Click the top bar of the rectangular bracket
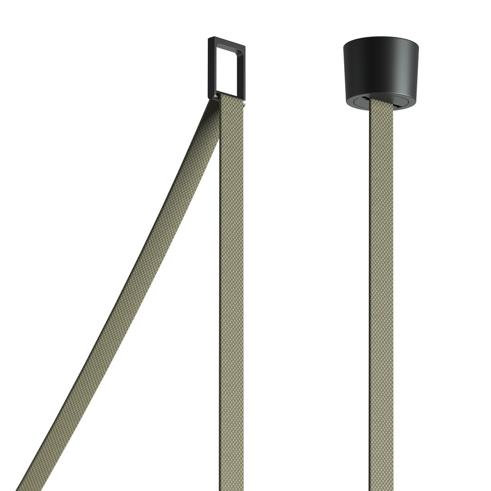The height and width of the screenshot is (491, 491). [227, 43]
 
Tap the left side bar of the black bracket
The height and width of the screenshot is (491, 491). [212, 68]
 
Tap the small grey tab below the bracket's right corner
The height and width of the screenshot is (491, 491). [244, 104]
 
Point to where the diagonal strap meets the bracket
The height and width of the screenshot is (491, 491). [214, 102]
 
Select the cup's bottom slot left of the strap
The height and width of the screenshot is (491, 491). [361, 102]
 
